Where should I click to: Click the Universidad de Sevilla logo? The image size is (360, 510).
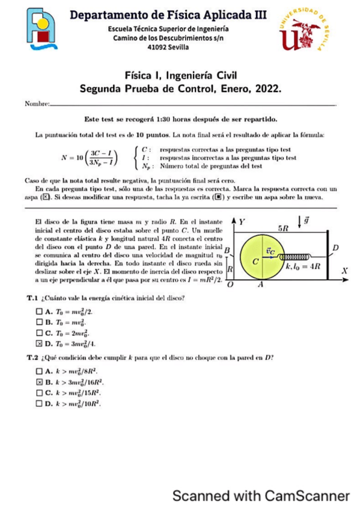[305, 31]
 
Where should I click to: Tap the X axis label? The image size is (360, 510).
[344, 271]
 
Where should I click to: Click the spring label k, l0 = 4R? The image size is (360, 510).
[304, 265]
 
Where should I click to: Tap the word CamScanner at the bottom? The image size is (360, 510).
[307, 496]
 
